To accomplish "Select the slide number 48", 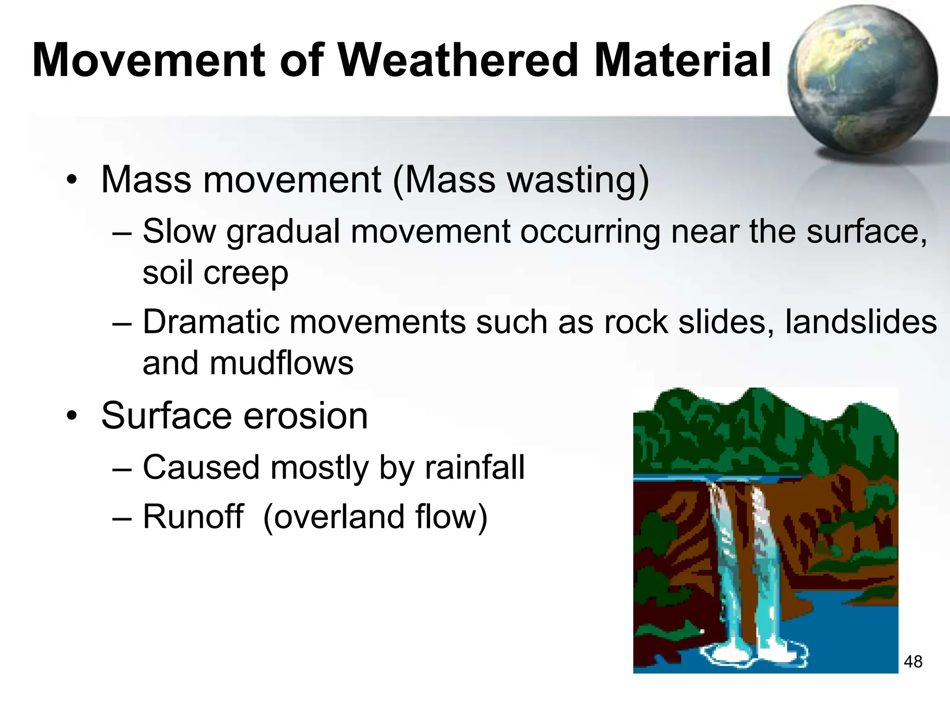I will (x=913, y=661).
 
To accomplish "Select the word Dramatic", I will (x=211, y=322).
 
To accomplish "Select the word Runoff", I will (x=193, y=516).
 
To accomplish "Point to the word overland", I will (x=340, y=516).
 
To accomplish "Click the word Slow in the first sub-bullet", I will (x=179, y=231).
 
